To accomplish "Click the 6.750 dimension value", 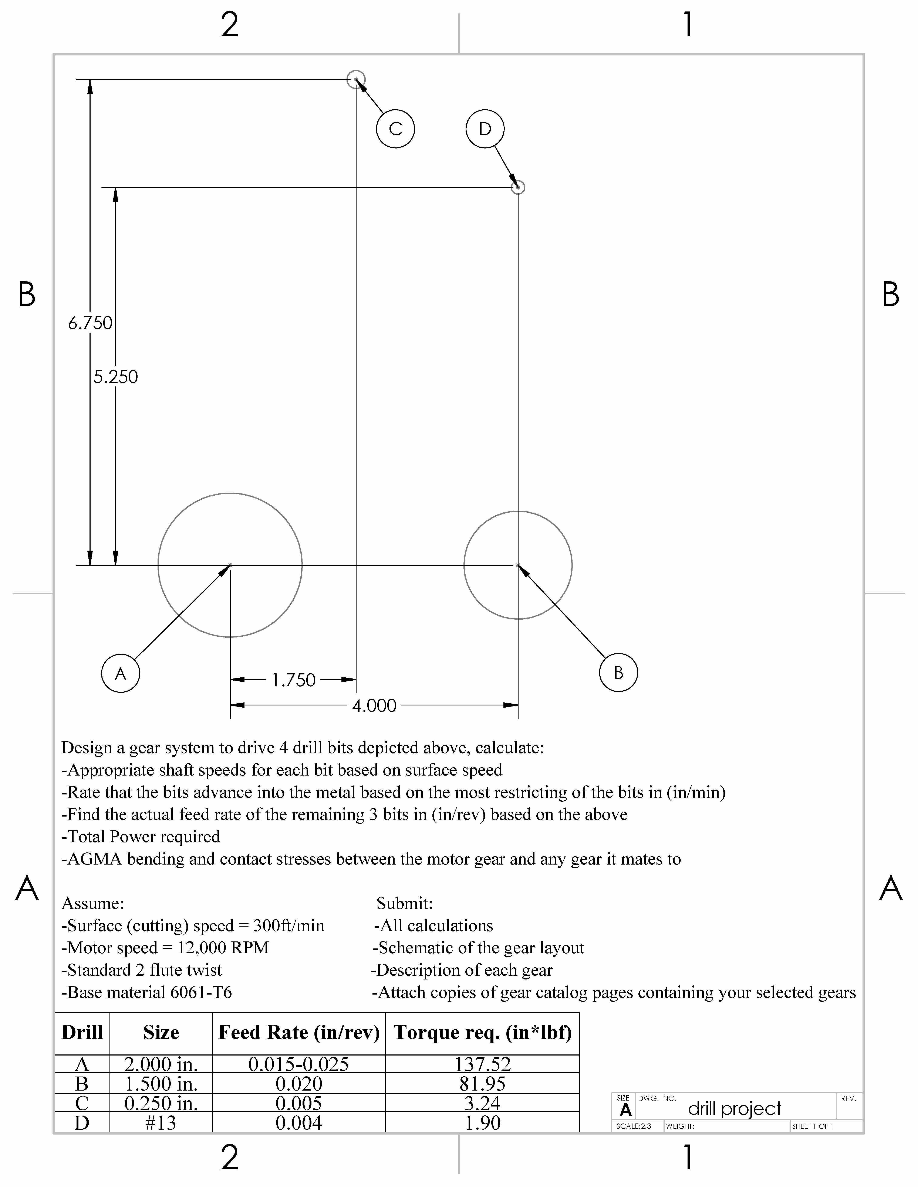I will coord(90,323).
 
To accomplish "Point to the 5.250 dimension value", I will coord(115,377).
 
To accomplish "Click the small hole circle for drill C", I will coord(356,79).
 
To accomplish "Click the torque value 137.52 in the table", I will coord(482,1064).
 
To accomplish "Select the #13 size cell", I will coord(161,1122).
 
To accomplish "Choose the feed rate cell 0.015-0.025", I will coord(298,1064).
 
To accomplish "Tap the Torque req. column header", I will coord(482,1033).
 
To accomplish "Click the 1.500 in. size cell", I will coord(161,1084).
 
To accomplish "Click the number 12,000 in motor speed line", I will coord(202,947).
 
